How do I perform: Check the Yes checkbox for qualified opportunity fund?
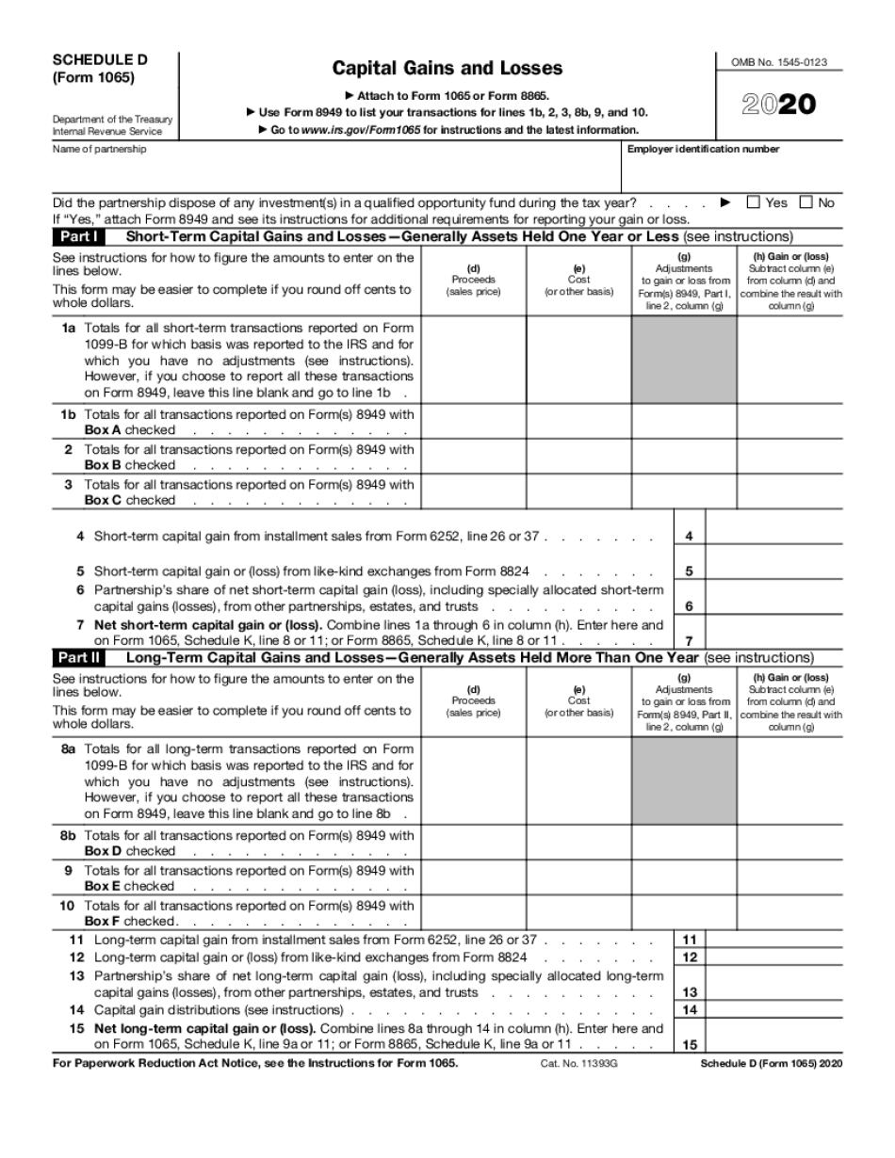tap(753, 202)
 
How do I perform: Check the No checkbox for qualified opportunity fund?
tap(806, 202)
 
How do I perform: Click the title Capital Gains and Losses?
tap(447, 68)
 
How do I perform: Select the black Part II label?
tap(81, 657)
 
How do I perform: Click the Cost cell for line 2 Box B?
tap(578, 457)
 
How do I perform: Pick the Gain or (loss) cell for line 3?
tap(789, 491)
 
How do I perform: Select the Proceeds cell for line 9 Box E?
tap(474, 877)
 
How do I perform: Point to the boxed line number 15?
tap(690, 1044)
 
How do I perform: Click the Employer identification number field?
tap(731, 172)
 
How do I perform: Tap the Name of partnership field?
tap(334, 172)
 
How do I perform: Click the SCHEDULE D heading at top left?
tap(100, 59)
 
